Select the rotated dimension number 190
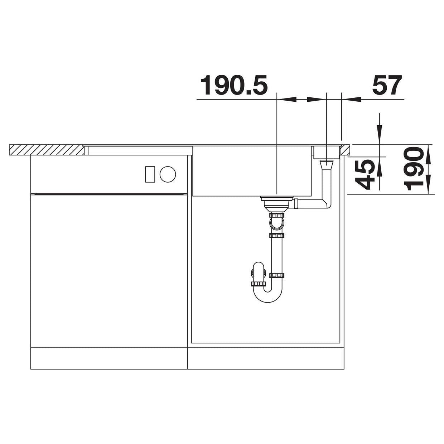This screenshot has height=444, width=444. (414, 169)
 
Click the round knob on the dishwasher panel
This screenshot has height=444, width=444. (168, 174)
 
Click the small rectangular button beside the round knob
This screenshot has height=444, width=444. (150, 174)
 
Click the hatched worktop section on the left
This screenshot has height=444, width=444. (46, 150)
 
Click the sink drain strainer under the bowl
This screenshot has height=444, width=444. (276, 204)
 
